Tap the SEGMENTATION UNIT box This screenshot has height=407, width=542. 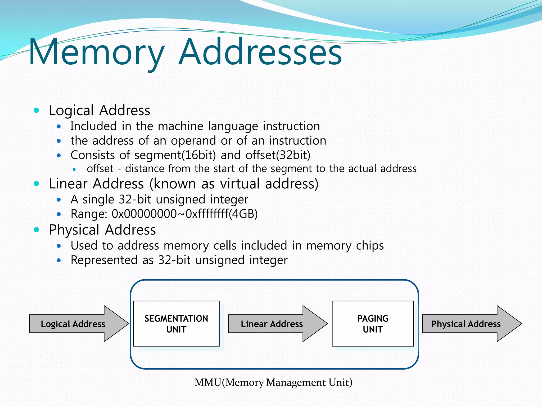pos(176,324)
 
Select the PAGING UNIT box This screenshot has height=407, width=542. pos(373,324)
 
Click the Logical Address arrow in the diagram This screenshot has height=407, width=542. pos(73,324)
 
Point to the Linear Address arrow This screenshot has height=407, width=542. pos(272,324)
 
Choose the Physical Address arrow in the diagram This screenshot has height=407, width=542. pos(466,324)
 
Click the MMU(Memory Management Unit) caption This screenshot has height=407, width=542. pos(273,382)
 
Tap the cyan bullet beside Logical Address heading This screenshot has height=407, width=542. pos(37,110)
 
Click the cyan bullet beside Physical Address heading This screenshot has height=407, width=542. pos(37,230)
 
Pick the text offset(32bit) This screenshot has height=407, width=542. pos(278,155)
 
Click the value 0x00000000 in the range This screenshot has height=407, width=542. pos(144,214)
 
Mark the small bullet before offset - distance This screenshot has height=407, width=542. pos(74,169)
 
